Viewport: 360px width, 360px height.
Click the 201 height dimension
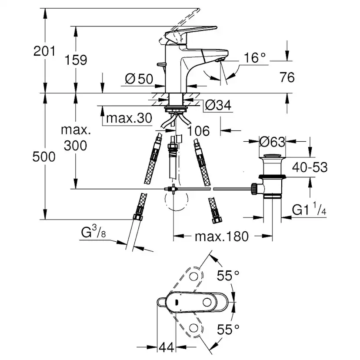[45, 51]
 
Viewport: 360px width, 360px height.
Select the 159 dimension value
[77, 60]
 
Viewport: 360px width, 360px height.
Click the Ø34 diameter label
[217, 105]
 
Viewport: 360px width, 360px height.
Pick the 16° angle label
[254, 57]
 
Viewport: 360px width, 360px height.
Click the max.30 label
[129, 118]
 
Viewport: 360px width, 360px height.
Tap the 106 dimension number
[199, 130]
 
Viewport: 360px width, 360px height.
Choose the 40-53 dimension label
[310, 167]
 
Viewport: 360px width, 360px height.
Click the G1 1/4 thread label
[309, 210]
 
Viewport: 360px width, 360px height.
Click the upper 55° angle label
[228, 275]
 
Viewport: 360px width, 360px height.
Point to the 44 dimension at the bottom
[165, 347]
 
